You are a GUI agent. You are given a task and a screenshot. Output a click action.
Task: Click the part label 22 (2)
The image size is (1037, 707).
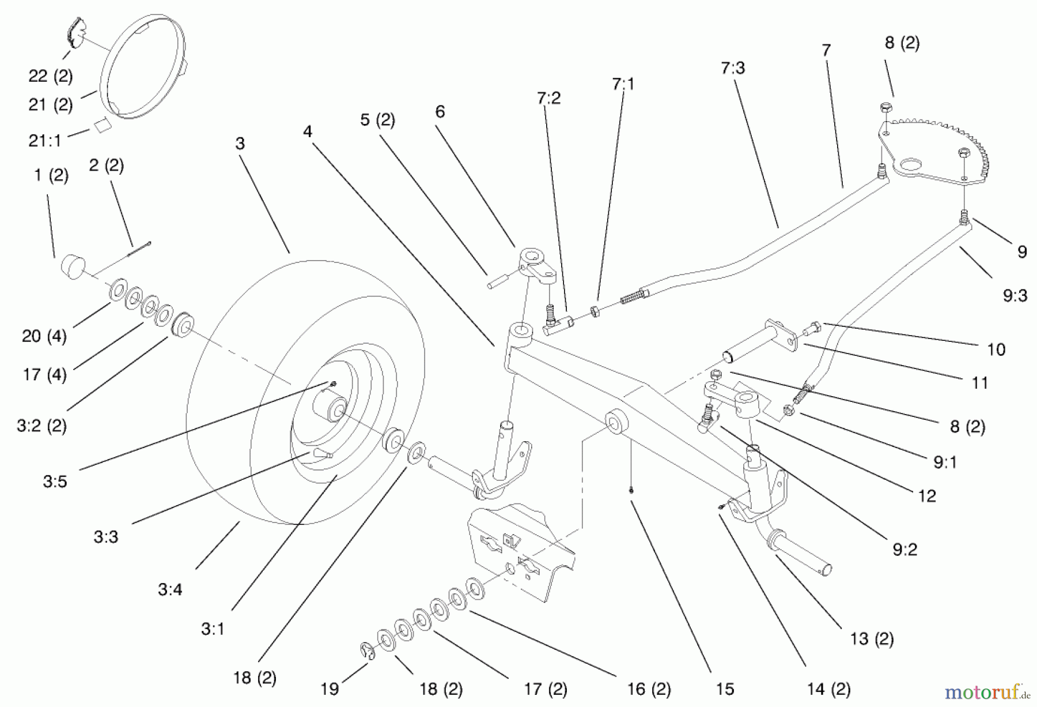[50, 76]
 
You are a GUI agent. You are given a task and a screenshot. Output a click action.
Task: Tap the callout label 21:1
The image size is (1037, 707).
[45, 140]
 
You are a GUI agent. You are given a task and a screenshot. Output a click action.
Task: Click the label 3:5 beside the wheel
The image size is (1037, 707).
[55, 481]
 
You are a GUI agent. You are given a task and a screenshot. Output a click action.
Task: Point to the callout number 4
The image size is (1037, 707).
[308, 131]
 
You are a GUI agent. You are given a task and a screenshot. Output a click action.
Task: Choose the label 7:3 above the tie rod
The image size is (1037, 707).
[732, 68]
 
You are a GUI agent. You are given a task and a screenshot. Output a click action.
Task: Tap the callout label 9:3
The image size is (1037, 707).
[1015, 296]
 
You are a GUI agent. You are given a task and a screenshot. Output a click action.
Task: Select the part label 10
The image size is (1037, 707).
[996, 349]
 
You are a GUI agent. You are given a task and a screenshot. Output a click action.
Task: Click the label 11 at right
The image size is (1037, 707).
[979, 382]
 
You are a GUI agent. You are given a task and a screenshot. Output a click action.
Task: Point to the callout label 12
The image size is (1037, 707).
[926, 495]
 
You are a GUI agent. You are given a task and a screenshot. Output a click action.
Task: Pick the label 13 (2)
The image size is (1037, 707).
[871, 638]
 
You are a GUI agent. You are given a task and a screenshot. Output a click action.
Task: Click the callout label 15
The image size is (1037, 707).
[725, 689]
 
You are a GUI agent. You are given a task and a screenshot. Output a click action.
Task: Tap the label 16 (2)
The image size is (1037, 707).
[649, 689]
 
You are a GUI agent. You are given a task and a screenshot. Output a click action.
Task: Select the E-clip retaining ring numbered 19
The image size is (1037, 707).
[367, 652]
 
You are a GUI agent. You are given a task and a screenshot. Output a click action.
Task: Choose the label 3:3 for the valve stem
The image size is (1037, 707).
[105, 537]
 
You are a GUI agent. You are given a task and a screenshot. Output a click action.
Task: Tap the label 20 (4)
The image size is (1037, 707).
[44, 336]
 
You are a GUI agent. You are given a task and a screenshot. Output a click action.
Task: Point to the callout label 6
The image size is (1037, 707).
[440, 111]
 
